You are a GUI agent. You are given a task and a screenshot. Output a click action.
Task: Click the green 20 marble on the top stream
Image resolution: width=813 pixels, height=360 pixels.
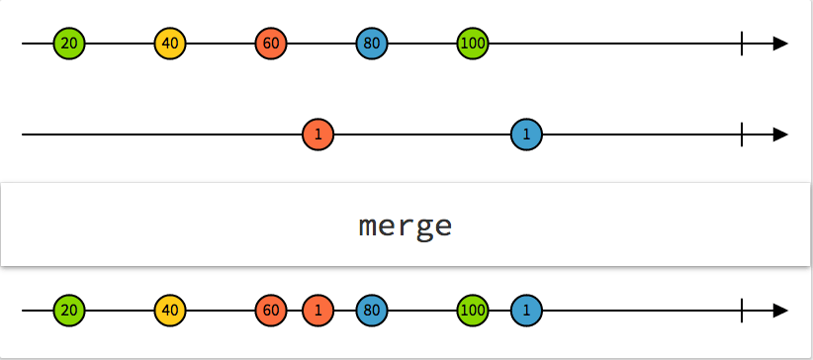pyautogui.click(x=69, y=44)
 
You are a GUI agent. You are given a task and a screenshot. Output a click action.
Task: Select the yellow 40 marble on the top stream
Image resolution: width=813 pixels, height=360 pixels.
pyautogui.click(x=170, y=44)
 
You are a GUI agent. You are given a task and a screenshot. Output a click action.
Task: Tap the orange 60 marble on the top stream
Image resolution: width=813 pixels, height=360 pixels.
pyautogui.click(x=271, y=44)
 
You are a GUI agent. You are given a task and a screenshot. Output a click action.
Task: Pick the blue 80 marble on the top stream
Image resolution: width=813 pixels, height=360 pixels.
pyautogui.click(x=372, y=44)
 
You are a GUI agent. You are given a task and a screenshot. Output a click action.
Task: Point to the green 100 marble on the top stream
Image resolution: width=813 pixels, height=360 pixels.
pyautogui.click(x=473, y=44)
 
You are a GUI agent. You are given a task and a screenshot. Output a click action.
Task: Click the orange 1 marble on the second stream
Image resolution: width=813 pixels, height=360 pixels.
pyautogui.click(x=317, y=135)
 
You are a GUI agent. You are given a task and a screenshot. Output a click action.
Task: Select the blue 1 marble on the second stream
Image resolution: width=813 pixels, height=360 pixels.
pyautogui.click(x=526, y=135)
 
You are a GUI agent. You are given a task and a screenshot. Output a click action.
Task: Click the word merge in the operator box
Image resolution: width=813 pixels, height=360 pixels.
pyautogui.click(x=406, y=226)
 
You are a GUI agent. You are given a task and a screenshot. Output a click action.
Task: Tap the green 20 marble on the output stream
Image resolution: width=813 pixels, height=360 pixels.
pyautogui.click(x=69, y=311)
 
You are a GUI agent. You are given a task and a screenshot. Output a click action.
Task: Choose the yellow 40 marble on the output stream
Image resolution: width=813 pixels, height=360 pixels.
pyautogui.click(x=170, y=311)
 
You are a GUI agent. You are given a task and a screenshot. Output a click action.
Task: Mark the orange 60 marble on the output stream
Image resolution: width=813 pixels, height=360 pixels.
pyautogui.click(x=271, y=311)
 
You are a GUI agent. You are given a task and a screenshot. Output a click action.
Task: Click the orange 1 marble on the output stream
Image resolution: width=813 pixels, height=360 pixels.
pyautogui.click(x=317, y=311)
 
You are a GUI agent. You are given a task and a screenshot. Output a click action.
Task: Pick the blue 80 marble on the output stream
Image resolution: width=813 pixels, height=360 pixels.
pyautogui.click(x=372, y=311)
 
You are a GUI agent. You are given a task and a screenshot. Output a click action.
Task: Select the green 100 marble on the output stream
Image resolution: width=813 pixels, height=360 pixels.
pyautogui.click(x=473, y=311)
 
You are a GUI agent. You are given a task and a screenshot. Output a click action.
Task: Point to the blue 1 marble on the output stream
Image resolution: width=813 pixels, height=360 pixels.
pyautogui.click(x=526, y=311)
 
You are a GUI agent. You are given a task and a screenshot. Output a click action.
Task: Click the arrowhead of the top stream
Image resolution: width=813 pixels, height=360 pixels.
pyautogui.click(x=780, y=44)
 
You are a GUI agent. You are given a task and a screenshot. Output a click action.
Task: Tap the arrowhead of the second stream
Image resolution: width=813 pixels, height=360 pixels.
pyautogui.click(x=780, y=135)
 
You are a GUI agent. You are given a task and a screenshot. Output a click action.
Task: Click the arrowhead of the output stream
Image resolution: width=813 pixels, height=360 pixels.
pyautogui.click(x=780, y=311)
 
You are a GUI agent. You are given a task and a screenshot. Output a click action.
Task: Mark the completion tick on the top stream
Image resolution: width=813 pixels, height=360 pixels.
pyautogui.click(x=742, y=44)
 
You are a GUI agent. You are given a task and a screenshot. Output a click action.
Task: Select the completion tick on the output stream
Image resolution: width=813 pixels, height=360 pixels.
pyautogui.click(x=742, y=311)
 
